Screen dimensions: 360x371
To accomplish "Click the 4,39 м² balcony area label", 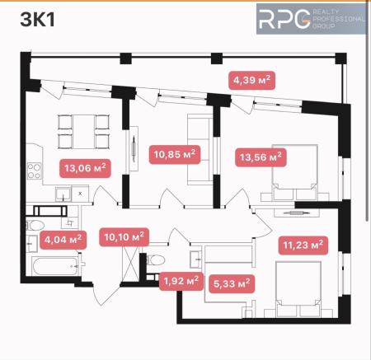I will [252, 80].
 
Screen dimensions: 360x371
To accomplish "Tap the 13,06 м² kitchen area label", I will [86, 168].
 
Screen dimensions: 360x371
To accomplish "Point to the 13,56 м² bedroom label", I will [261, 155].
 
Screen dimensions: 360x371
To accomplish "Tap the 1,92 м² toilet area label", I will [181, 281].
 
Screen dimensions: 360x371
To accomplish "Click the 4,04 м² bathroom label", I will [63, 240].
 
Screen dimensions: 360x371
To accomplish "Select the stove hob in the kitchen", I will [35, 174].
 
